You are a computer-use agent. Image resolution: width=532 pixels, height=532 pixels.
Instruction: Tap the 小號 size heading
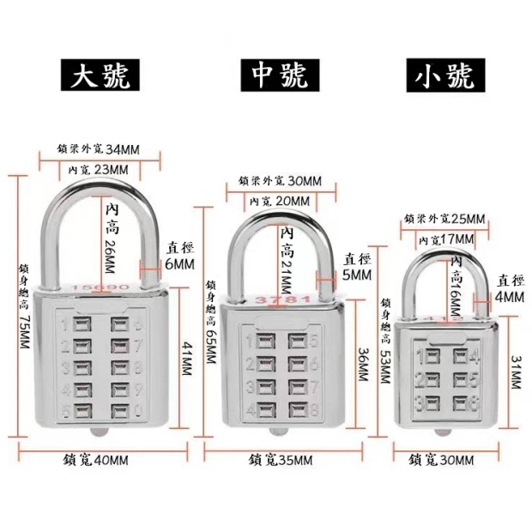(x=443, y=79)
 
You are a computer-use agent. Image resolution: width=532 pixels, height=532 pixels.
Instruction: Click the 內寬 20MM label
(x=279, y=200)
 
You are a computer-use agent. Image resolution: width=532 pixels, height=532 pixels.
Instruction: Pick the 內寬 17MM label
(x=444, y=238)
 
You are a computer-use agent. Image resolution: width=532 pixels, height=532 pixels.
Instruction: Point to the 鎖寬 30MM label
(x=442, y=460)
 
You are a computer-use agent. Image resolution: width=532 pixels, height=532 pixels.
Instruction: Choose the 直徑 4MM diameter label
(x=508, y=287)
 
